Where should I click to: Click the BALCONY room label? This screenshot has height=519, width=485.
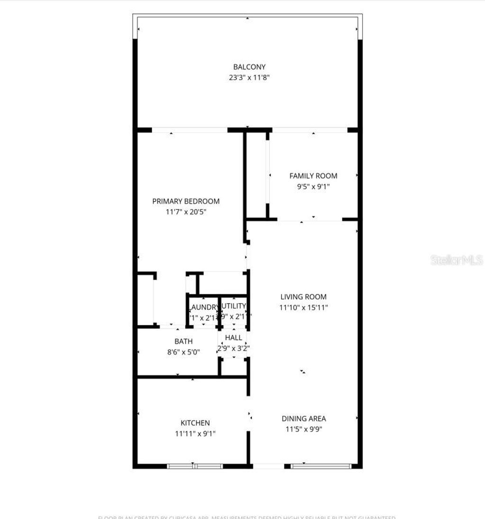coord(249,67)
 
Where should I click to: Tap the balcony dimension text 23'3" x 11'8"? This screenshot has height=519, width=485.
coord(249,77)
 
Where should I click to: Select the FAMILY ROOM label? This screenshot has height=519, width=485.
coord(313,176)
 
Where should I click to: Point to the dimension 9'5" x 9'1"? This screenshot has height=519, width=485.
coord(313,186)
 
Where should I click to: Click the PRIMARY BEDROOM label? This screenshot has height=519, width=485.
coord(186,202)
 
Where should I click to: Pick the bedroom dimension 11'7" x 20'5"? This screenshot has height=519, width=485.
coord(186,212)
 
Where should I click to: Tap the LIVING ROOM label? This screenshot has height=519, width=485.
coord(304,297)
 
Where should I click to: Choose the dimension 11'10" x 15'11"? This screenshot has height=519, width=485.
coord(304,308)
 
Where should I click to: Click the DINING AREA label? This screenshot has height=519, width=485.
coord(304,419)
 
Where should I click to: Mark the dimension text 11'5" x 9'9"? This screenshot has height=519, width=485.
coord(304,430)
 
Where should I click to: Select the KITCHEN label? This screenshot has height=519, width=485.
coord(195,423)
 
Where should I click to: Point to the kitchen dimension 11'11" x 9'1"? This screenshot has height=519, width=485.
coord(195,433)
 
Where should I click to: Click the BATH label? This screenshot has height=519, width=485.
coord(183,341)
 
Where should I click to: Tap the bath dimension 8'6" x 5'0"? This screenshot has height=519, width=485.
coord(183,352)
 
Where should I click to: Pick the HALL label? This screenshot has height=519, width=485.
coord(234,338)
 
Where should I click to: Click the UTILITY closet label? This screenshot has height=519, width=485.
coord(234,306)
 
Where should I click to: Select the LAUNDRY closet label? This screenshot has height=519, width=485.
coord(204,307)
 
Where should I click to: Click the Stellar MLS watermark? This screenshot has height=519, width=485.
coord(457,260)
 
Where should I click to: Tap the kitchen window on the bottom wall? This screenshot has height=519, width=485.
coord(195,466)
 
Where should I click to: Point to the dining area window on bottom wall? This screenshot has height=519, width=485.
coord(321,466)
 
